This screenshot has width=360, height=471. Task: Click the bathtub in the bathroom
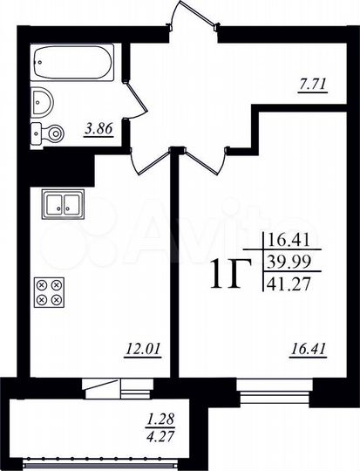(x=72, y=62)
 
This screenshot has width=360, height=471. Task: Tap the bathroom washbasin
(x=41, y=103)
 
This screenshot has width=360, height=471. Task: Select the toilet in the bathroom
(x=47, y=133)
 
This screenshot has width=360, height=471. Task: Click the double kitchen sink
(x=62, y=206)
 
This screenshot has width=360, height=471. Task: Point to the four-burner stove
(x=49, y=291)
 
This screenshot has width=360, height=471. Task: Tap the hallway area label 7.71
(x=311, y=85)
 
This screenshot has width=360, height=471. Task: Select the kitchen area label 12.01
(x=143, y=351)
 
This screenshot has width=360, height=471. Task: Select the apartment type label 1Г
(x=229, y=275)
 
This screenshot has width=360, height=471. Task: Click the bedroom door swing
(x=205, y=161)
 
